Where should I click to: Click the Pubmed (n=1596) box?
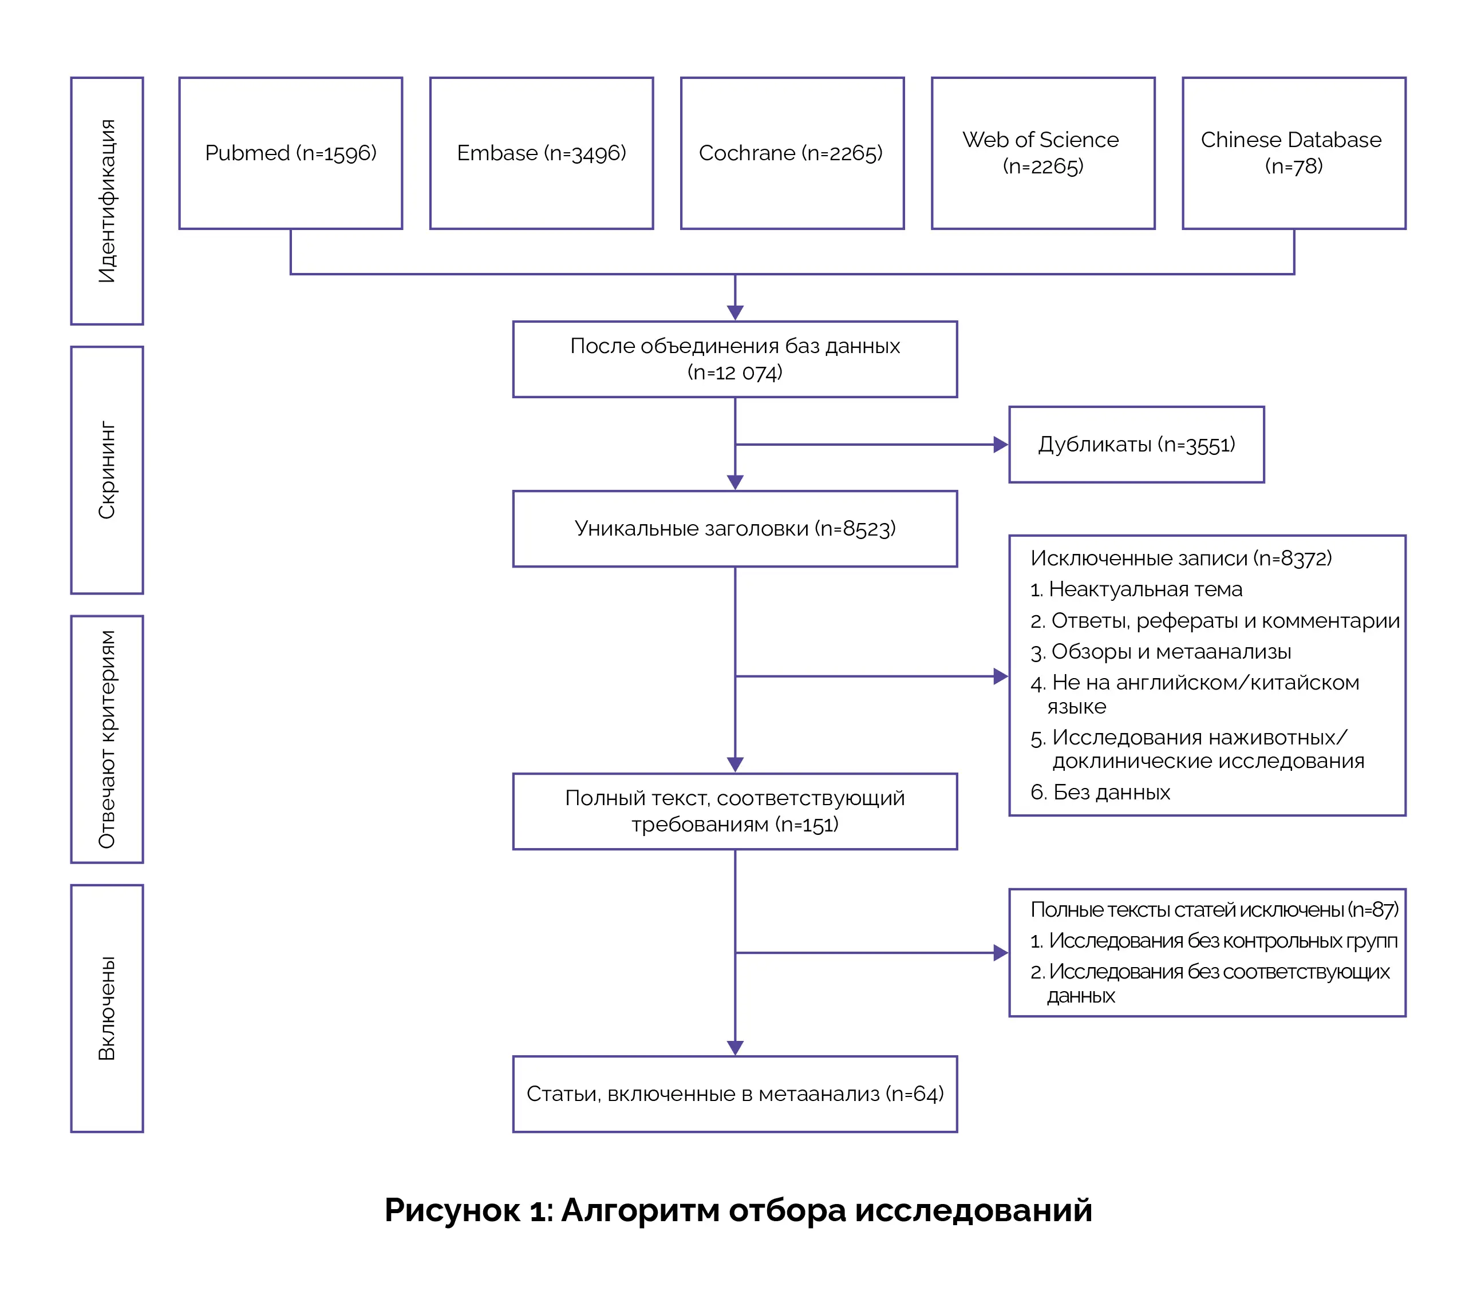pyautogui.click(x=290, y=153)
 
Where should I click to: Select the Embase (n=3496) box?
pyautogui.click(x=541, y=153)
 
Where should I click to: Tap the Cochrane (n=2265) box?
pyautogui.click(x=792, y=153)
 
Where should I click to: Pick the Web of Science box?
pyautogui.click(x=1042, y=153)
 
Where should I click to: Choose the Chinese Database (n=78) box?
pyautogui.click(x=1293, y=153)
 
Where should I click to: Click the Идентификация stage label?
pyautogui.click(x=107, y=201)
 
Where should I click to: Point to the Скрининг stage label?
pyautogui.click(x=107, y=470)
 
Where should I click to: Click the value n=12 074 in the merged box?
pyautogui.click(x=735, y=373)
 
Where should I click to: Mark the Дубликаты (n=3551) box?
pyautogui.click(x=1136, y=444)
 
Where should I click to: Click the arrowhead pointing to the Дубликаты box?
pyautogui.click(x=1000, y=444)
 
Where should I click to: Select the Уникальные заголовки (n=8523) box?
pyautogui.click(x=735, y=529)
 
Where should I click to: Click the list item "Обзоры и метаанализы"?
pyautogui.click(x=1170, y=652)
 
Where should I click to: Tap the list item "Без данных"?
pyautogui.click(x=1111, y=793)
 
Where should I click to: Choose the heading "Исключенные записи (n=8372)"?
pyautogui.click(x=1180, y=559)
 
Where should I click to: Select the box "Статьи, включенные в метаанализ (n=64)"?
pyautogui.click(x=735, y=1094)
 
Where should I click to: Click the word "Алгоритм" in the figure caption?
pyautogui.click(x=639, y=1210)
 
